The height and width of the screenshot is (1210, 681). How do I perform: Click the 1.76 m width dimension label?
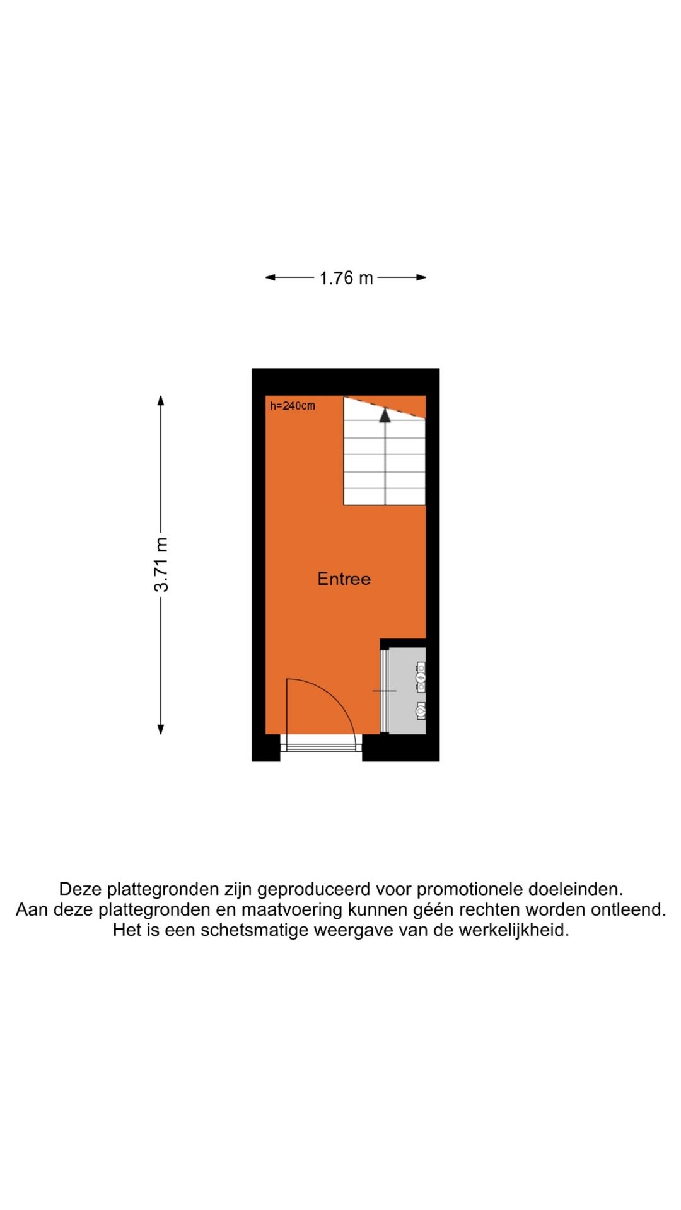pos(346,278)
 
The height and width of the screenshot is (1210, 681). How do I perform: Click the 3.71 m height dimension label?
pos(161,564)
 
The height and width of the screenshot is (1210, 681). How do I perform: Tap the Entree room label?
pos(344,579)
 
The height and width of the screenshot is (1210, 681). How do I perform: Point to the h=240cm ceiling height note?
pos(293,406)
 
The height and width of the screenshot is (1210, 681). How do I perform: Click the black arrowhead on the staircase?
pos(385,415)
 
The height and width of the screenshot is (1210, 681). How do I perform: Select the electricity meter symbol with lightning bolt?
pos(421,677)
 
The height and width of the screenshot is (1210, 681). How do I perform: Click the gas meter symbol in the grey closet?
pos(421,710)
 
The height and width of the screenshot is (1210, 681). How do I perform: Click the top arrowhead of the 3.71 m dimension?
pos(161,400)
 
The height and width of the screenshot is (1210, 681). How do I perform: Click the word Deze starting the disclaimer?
pos(81,889)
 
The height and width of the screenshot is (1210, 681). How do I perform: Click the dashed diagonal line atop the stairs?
pos(385,408)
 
